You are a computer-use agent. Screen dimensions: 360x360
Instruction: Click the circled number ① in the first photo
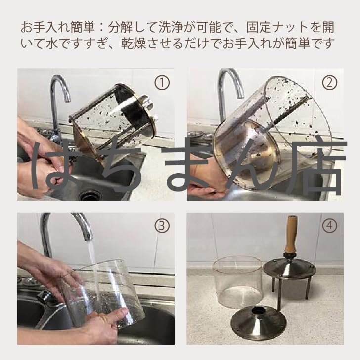162,83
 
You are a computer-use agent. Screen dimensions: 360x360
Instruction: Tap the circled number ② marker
330,83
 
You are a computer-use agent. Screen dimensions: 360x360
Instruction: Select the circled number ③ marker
162,225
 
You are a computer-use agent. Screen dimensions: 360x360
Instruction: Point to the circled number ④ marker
330,225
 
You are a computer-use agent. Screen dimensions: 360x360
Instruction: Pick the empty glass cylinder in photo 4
237,282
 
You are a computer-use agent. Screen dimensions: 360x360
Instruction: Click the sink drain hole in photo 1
89,196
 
